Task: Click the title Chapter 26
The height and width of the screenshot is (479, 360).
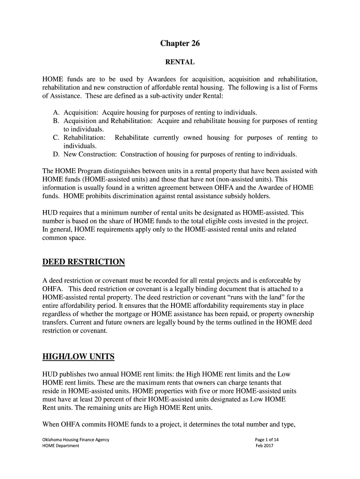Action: pyautogui.click(x=180, y=44)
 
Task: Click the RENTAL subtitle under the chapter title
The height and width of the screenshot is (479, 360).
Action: pyautogui.click(x=180, y=62)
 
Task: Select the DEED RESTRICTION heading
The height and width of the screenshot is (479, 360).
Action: pyautogui.click(x=84, y=261)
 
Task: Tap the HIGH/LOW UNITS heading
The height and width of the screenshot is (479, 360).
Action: pyautogui.click(x=78, y=357)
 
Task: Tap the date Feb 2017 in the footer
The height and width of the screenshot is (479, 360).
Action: pyautogui.click(x=264, y=446)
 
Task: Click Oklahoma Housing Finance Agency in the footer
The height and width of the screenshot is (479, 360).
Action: pyautogui.click(x=75, y=440)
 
